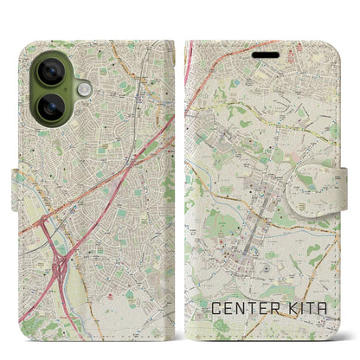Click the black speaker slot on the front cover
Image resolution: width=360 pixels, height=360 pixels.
[x=266, y=55]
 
